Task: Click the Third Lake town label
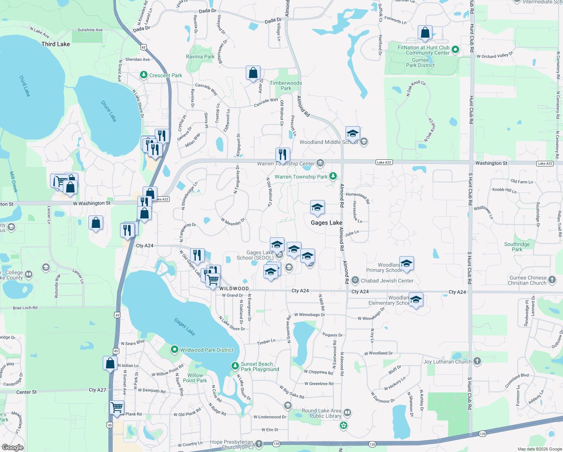[56, 44]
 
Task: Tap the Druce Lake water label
[109, 111]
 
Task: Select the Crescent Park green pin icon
[143, 75]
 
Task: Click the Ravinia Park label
[200, 56]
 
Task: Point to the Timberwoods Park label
[286, 86]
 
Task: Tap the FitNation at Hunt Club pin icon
[455, 49]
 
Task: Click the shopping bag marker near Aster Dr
[253, 73]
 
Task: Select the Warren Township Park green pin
[333, 176]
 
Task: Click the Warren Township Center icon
[320, 163]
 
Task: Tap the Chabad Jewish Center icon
[355, 280]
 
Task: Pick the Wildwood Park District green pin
[174, 350]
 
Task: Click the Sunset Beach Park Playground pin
[235, 366]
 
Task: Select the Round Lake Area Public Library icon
[347, 413]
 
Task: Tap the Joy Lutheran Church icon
[477, 361]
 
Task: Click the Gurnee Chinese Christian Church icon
[552, 279]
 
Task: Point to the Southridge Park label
[517, 247]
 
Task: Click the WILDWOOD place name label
[234, 289]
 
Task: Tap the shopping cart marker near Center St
[117, 408]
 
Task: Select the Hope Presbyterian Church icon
[259, 444]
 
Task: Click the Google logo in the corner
[12, 447]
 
